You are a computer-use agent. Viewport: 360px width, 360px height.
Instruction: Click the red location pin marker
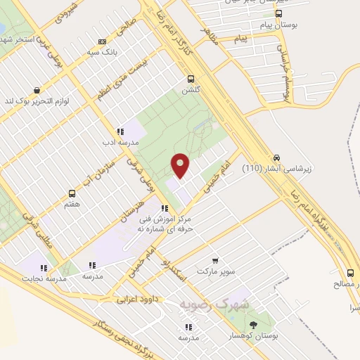[x=181, y=166]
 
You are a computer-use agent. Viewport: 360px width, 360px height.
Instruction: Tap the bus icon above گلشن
[x=190, y=79]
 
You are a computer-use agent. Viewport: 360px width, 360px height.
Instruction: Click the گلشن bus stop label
[x=191, y=91]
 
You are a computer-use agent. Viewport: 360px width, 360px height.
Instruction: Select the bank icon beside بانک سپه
[x=103, y=41]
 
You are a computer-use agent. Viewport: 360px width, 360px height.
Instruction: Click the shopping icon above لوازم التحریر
[x=36, y=91]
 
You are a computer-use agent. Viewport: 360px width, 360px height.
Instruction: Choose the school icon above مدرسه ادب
[x=120, y=131]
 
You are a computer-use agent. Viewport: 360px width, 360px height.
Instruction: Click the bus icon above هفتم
[x=72, y=193]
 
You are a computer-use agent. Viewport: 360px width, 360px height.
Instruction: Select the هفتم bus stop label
[x=72, y=204]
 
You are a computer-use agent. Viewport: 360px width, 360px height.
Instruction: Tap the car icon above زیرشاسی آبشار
[x=277, y=157]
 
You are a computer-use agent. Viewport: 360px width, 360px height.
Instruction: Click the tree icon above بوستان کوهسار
[x=253, y=325]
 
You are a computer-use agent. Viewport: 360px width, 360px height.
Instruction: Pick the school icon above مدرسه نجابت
[x=44, y=268]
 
